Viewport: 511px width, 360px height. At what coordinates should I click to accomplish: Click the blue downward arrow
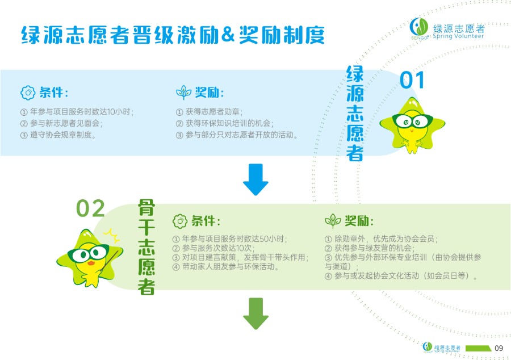tap(256, 179)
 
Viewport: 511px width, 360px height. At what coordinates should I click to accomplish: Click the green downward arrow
tap(256, 313)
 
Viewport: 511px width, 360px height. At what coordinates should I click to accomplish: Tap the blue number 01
tap(412, 80)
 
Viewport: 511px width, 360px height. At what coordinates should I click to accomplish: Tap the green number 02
tap(90, 208)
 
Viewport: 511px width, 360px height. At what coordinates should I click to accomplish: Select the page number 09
tap(499, 348)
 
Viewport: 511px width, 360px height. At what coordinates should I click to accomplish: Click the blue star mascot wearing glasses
tap(412, 125)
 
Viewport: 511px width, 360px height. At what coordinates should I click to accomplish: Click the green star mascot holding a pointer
tap(90, 258)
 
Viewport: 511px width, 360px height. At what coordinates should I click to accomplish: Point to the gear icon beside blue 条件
tap(28, 93)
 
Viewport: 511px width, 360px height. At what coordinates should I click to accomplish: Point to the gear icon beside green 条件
tap(180, 221)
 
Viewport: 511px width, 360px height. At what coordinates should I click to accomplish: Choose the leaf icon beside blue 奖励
tap(183, 93)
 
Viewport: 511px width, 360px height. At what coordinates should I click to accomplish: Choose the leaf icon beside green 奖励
tap(333, 221)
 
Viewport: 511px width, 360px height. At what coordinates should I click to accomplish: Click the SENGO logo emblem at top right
tap(419, 27)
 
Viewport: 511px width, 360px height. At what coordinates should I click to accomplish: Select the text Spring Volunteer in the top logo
tap(458, 36)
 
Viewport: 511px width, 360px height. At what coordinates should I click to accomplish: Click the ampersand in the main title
tap(228, 35)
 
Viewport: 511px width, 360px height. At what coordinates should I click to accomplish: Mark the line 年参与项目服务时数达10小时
tap(77, 112)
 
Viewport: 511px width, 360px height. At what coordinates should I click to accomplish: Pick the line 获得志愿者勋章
tap(209, 112)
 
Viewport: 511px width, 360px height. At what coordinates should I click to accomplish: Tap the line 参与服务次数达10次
tap(213, 248)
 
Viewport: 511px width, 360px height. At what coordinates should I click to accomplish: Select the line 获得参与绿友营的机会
tap(370, 248)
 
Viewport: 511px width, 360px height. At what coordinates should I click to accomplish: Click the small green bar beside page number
tap(479, 348)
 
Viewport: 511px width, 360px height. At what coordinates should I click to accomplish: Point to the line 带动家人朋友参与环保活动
tap(226, 267)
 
